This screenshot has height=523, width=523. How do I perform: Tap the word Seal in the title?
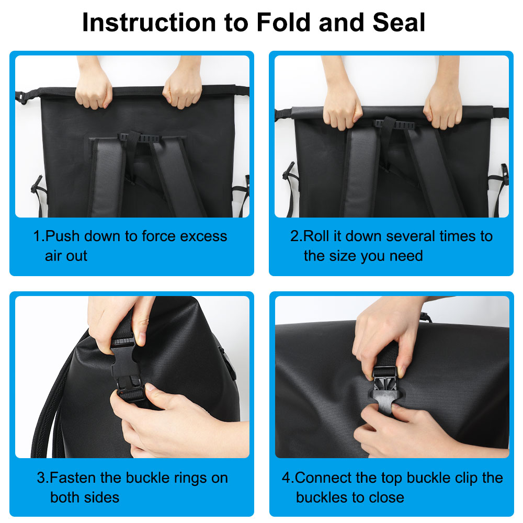click(x=399, y=22)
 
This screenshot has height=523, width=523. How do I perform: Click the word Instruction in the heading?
click(x=149, y=22)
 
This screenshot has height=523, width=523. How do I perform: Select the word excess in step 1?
click(x=203, y=236)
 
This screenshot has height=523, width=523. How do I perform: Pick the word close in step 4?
click(x=386, y=498)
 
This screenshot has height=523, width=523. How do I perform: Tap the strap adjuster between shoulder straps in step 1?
click(x=140, y=138)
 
